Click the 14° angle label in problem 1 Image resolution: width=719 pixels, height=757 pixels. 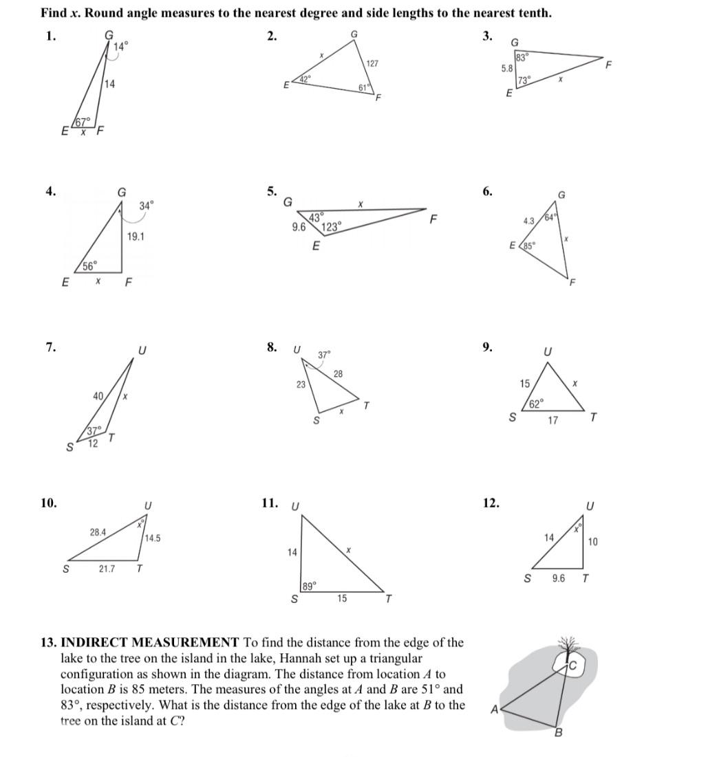point(120,47)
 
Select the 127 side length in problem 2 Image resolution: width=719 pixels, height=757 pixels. point(372,63)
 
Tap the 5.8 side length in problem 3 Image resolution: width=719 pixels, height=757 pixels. point(506,69)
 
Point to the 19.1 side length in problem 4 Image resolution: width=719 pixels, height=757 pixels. point(136,236)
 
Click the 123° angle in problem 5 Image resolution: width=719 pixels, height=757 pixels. point(332,227)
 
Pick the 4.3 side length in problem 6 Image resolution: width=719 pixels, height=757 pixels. point(529,221)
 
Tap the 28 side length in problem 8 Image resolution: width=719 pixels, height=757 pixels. point(338,373)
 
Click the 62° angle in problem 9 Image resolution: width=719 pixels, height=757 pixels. point(537,402)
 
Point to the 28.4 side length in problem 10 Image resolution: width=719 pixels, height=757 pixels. point(98,531)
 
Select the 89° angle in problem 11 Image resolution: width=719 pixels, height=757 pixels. point(310,586)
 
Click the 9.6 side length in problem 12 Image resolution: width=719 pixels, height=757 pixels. point(559,578)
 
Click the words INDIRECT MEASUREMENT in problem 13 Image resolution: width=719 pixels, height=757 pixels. point(149,643)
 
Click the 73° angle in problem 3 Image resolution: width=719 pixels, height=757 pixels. point(524,80)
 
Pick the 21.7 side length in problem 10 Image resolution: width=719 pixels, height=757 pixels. point(107,569)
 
